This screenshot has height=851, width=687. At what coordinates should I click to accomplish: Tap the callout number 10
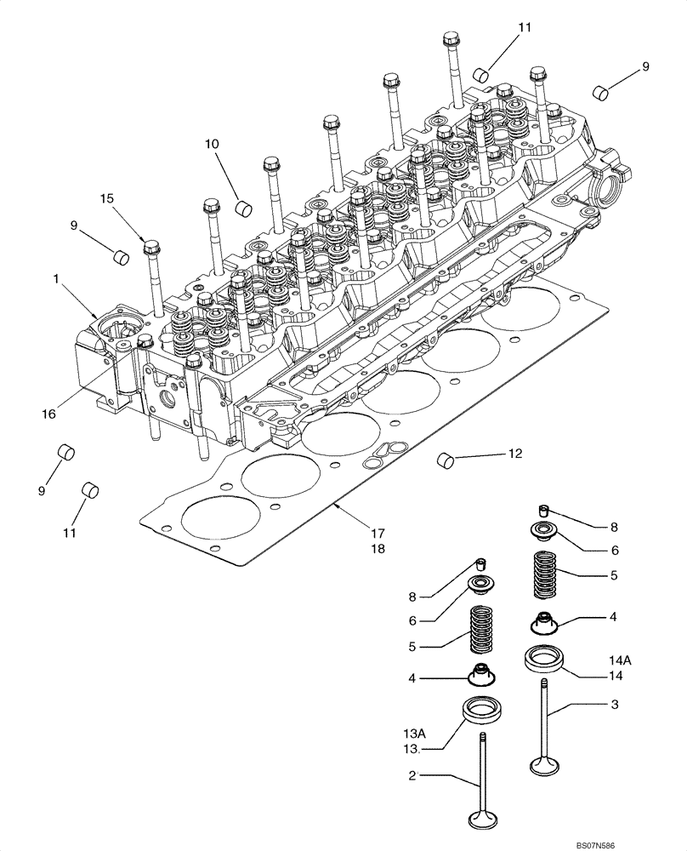pyautogui.click(x=211, y=145)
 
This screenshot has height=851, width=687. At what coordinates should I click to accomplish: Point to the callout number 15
pyautogui.click(x=105, y=198)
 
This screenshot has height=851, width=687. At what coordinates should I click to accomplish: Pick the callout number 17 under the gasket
pyautogui.click(x=377, y=533)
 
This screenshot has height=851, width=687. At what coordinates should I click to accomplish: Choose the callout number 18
pyautogui.click(x=377, y=549)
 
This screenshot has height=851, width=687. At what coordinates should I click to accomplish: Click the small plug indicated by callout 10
pyautogui.click(x=244, y=206)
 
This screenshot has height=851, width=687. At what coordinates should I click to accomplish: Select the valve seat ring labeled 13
pyautogui.click(x=480, y=708)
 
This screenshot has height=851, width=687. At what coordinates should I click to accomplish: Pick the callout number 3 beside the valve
pyautogui.click(x=613, y=705)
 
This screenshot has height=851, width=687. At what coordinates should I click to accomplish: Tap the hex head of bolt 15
pyautogui.click(x=151, y=248)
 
